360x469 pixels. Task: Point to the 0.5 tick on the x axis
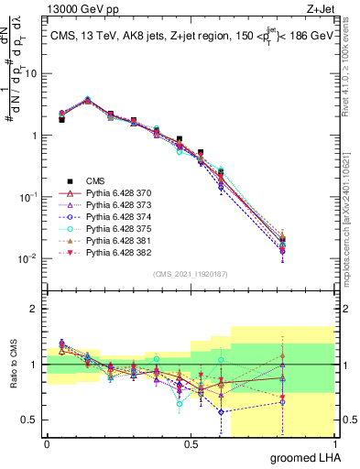191,444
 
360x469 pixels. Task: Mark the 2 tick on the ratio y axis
37,309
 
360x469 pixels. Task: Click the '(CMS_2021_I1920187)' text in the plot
190,273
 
